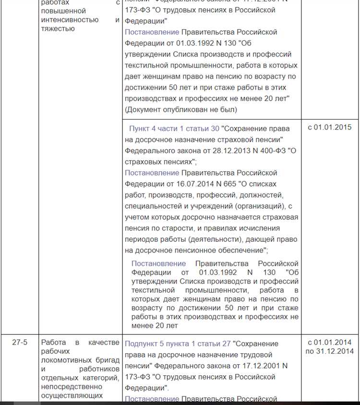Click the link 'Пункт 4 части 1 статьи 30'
174,128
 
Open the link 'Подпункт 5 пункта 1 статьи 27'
178,344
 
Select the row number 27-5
20,342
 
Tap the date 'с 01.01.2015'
330,127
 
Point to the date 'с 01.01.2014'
330,342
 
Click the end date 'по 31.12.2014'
330,351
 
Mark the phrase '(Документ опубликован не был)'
181,109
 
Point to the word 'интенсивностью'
70,20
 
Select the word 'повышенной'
63,11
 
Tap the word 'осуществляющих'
72,382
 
